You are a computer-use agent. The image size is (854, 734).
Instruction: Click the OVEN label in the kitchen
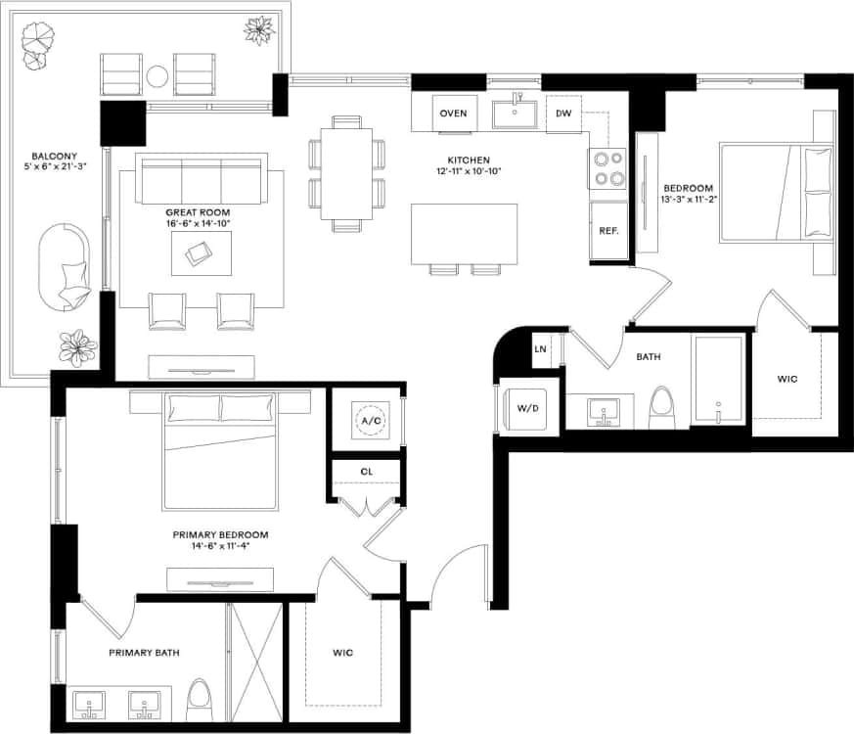coord(453,114)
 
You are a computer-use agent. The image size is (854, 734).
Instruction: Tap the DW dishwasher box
coord(563,114)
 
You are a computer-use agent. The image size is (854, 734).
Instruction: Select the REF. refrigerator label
coord(609,231)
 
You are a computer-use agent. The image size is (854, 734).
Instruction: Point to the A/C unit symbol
coord(371,421)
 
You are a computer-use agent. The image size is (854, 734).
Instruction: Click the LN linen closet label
coord(540,348)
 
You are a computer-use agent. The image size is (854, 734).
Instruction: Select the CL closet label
coord(367,471)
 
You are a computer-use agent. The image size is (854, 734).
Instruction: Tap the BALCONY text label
coord(50,157)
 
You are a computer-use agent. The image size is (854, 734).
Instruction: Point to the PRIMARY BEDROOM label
coord(220,534)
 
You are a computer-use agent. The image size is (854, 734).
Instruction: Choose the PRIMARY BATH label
coord(144,653)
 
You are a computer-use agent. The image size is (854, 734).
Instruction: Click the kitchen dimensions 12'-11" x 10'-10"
coord(469,172)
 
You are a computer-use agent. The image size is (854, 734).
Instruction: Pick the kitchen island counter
coord(465,233)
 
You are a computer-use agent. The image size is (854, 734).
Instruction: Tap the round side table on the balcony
coord(157,75)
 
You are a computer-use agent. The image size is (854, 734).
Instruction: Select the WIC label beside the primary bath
coord(342,653)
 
